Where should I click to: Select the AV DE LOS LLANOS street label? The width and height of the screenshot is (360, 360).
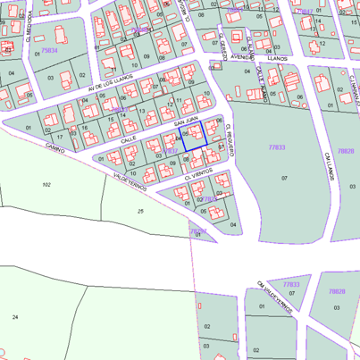pos(110,86)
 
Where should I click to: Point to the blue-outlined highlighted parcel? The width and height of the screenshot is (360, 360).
pos(194,136)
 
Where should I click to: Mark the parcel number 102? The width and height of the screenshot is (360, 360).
pos(46,184)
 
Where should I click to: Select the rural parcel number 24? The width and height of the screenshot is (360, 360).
pos(15,317)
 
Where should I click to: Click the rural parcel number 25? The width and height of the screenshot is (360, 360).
pos(140,211)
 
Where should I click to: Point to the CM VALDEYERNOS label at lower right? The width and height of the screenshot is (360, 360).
pos(274,296)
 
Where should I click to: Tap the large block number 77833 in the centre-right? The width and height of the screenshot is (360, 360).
pos(276,147)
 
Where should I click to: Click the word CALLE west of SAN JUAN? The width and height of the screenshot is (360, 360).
pos(129,140)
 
